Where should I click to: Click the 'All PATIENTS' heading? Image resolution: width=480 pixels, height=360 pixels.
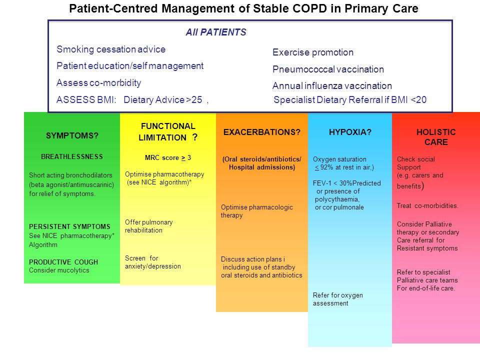click(216, 32)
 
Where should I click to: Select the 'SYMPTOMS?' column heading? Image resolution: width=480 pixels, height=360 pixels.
click(72, 135)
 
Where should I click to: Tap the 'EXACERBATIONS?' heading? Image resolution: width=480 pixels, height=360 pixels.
click(261, 132)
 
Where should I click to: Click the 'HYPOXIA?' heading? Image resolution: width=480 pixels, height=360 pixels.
click(350, 132)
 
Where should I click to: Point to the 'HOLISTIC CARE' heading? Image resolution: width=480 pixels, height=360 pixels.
click(436, 137)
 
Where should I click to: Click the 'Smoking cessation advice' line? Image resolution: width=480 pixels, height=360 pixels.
click(111, 49)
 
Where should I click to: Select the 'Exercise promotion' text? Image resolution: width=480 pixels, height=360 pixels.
click(313, 52)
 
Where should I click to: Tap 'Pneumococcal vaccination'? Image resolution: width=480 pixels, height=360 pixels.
click(328, 69)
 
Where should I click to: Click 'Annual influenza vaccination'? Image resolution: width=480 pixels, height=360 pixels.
click(332, 85)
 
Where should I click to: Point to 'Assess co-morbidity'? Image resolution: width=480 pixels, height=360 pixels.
click(99, 82)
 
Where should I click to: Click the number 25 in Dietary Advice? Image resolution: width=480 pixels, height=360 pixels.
click(196, 100)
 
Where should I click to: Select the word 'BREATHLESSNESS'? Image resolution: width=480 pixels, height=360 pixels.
click(72, 156)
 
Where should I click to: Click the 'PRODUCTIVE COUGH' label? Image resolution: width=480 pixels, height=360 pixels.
click(63, 262)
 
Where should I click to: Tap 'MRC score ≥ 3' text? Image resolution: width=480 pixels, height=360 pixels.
click(168, 158)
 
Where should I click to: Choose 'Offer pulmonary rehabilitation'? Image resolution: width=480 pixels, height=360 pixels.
click(149, 226)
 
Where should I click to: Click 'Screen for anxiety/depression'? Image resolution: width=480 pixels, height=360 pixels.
click(153, 262)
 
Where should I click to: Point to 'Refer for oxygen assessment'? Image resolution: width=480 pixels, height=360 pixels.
click(337, 299)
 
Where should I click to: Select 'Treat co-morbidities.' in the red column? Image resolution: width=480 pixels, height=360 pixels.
click(427, 205)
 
